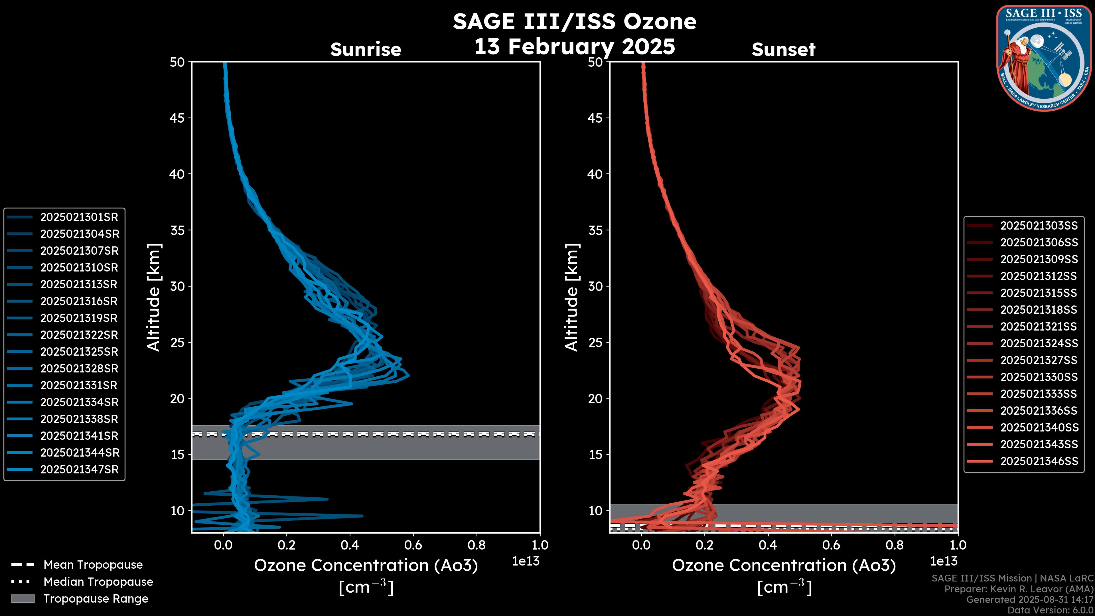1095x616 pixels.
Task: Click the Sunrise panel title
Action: (366, 50)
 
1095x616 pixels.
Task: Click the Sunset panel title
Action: (783, 50)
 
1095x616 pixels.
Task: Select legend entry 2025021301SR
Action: (79, 217)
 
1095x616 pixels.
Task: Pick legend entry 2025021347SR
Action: (79, 470)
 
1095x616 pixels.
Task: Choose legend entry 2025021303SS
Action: (1039, 226)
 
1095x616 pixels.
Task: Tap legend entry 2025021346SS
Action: (1039, 461)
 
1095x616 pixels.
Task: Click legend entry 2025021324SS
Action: (1039, 343)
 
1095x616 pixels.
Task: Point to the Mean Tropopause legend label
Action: (93, 565)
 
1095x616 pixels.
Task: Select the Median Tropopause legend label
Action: (98, 582)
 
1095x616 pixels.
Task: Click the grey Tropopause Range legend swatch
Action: (23, 599)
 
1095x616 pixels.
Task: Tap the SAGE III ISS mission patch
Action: (1044, 58)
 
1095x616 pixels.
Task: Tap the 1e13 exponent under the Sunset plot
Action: (944, 562)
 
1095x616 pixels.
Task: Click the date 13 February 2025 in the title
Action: (574, 46)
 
